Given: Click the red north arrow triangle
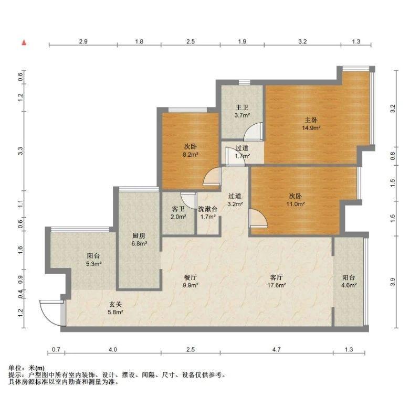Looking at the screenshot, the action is [24, 42].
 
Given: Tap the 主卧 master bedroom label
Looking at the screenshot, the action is [311, 120].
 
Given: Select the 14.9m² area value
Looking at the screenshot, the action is [311, 128].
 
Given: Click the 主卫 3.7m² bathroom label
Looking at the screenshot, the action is [242, 111].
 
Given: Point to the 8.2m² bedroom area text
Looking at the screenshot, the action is [190, 154].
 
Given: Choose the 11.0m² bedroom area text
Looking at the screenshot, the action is [296, 204].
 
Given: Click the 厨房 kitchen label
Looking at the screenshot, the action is [139, 235].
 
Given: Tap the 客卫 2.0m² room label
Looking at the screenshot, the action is [178, 213].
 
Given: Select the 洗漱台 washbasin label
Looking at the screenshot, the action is [207, 209].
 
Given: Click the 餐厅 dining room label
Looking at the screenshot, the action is [191, 277].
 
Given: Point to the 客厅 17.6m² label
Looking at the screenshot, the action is [277, 281].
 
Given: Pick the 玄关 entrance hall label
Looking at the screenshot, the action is [115, 304].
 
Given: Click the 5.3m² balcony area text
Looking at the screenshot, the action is [93, 264].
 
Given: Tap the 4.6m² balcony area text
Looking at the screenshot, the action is [349, 285].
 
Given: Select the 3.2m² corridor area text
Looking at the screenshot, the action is [235, 204].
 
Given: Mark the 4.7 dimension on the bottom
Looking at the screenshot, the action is [277, 349].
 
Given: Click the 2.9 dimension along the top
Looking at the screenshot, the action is [83, 41].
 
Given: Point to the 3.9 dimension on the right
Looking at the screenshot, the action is [393, 282].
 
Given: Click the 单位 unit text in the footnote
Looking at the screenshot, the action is [15, 368].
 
